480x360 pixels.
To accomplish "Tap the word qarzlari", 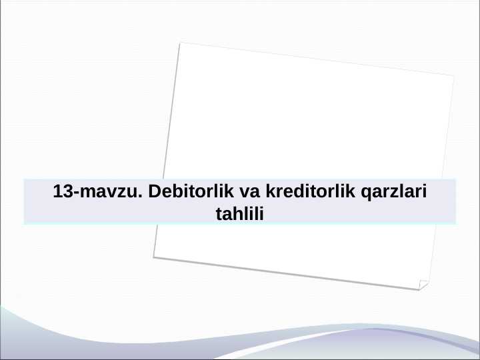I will tap(393, 192).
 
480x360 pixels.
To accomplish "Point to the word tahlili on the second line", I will tap(241, 214).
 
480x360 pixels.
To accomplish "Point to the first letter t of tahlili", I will tap(219, 214).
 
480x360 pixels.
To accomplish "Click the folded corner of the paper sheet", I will tap(423, 285).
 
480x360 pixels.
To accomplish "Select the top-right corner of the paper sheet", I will tap(454, 76).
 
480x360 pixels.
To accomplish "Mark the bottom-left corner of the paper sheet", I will tap(153, 257).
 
